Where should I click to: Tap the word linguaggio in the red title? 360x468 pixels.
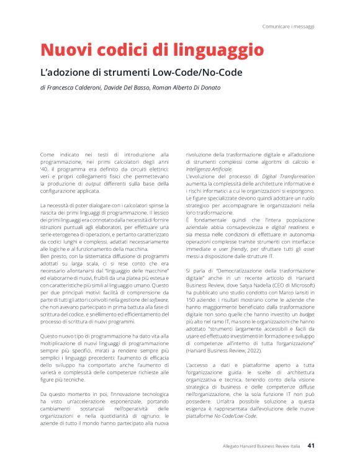point(210,50)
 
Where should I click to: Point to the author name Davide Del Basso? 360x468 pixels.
point(127,88)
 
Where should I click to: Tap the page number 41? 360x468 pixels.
point(312,445)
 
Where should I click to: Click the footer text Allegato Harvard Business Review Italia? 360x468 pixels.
point(262,446)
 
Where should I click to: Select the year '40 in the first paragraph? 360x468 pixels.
point(44,169)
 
